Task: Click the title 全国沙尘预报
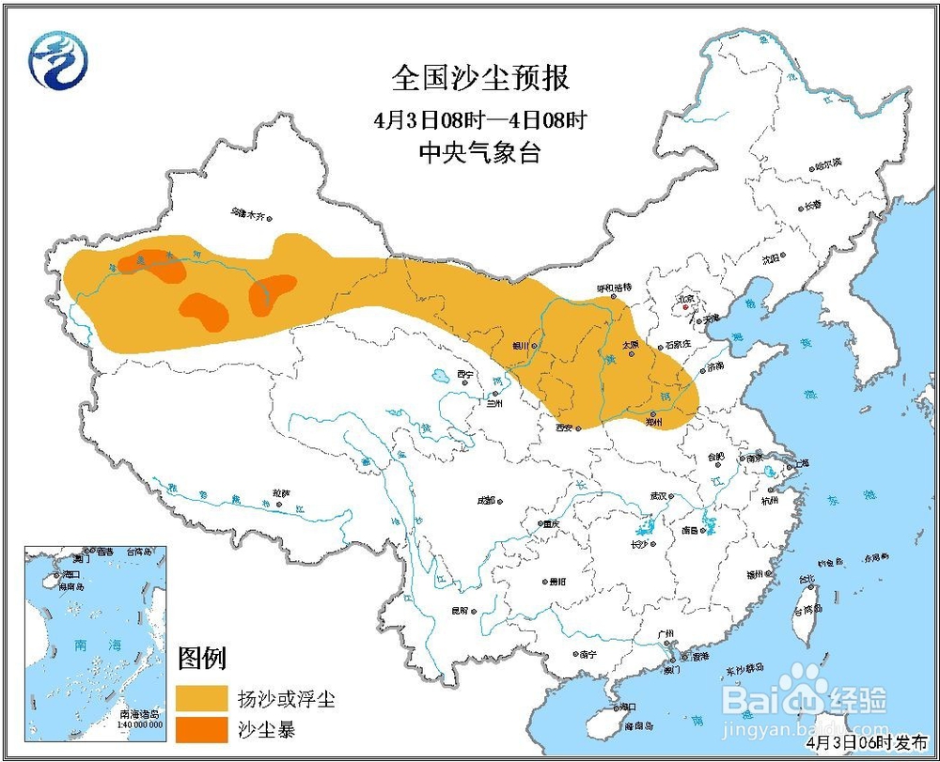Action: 480,78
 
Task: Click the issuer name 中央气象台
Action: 480,153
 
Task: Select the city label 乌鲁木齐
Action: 250,214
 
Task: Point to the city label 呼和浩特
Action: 615,287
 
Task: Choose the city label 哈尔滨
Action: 828,163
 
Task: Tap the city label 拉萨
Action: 282,492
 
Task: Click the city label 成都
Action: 485,501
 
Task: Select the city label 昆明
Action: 460,611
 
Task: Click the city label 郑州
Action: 654,423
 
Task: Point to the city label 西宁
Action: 463,374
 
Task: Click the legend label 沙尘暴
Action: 262,729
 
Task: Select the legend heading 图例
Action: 203,660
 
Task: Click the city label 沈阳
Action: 771,258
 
